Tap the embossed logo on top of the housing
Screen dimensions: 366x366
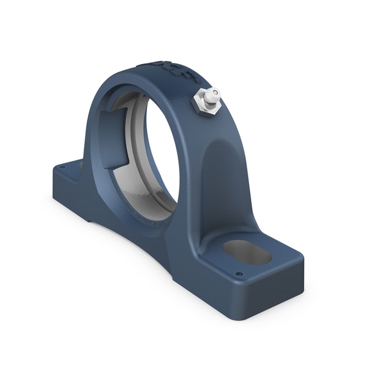168,70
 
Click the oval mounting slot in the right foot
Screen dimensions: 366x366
247,252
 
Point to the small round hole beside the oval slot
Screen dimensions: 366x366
239,274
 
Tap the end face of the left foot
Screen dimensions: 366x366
59,183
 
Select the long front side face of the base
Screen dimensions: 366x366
152,256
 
